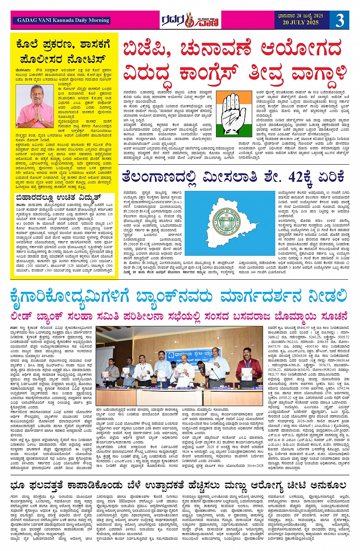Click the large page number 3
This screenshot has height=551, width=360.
[339, 20]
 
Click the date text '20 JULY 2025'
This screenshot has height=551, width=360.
[300, 23]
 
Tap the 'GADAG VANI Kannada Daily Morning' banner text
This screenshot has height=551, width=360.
[63, 21]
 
